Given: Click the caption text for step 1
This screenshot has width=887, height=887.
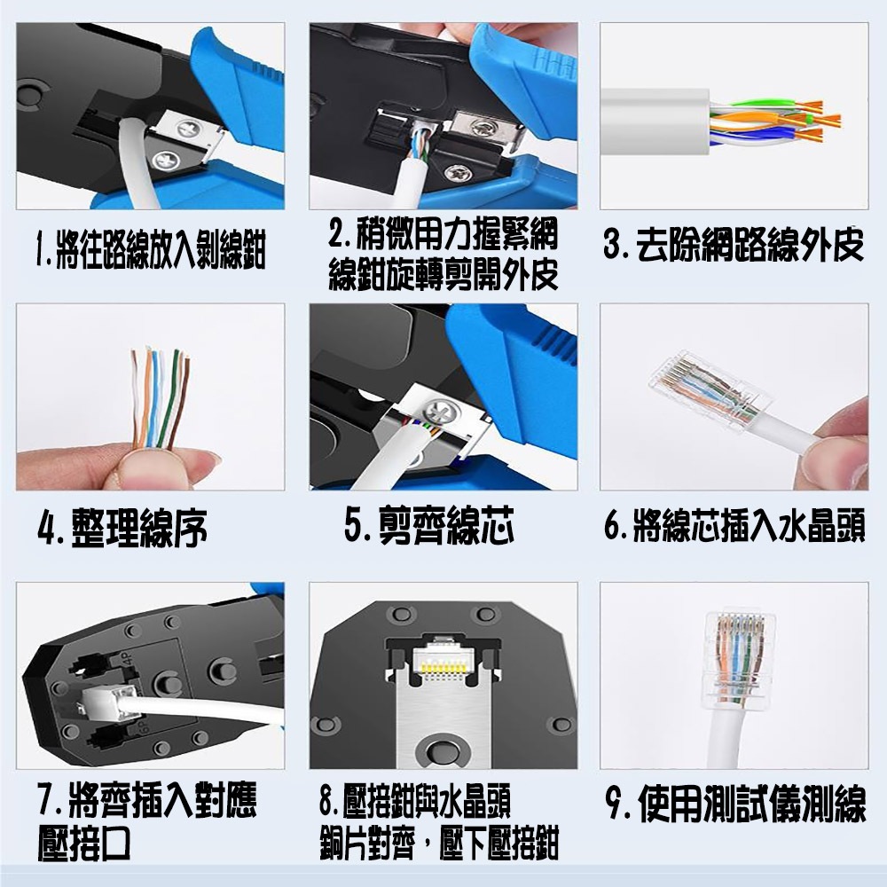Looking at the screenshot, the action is point(151,250).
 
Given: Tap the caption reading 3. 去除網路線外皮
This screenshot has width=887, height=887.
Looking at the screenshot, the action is point(734,245).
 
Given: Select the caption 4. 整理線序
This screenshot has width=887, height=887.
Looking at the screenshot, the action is point(122,528).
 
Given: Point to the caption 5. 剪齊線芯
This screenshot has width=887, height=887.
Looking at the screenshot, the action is point(429,524).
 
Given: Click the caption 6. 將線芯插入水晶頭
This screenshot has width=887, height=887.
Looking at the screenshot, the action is point(734,524).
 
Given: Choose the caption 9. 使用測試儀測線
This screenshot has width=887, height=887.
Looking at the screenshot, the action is point(735,803).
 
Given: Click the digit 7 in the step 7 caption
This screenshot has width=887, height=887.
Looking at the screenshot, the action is point(47,799).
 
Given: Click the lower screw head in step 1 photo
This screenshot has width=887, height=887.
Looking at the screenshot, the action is point(165,161).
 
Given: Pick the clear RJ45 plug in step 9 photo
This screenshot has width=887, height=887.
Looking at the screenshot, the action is point(739,658).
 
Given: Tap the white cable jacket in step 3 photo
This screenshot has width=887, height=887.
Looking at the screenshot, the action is point(655,122).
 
